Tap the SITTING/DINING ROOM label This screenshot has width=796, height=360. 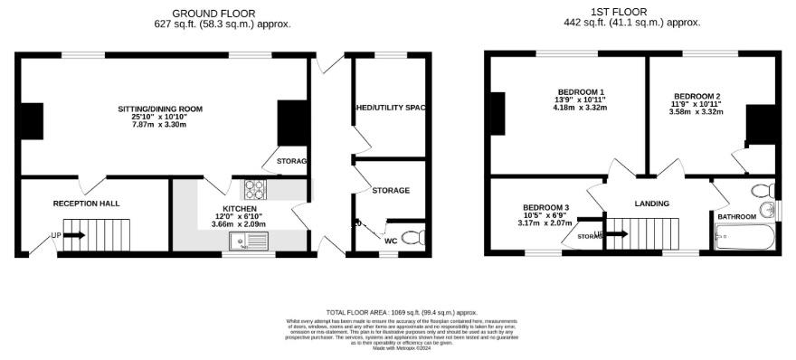[x=160, y=109]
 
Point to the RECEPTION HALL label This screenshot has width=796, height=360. [x=86, y=204]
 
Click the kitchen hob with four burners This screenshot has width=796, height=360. [x=254, y=190]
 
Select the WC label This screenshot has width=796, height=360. [x=391, y=242]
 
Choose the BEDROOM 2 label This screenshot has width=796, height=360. [x=697, y=97]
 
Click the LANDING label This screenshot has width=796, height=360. [x=651, y=204]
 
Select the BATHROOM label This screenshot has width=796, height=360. [x=737, y=217]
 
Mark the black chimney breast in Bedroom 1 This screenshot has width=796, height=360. [x=496, y=114]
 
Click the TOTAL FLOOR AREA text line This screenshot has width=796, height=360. [x=401, y=312]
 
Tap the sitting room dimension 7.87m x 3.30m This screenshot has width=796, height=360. [x=160, y=125]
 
